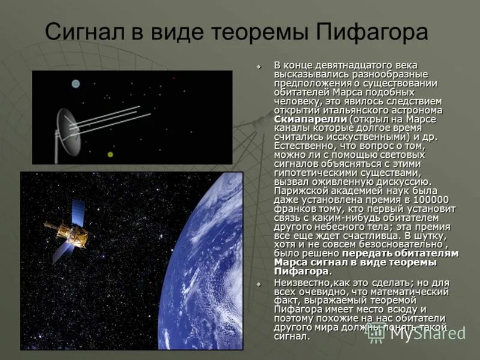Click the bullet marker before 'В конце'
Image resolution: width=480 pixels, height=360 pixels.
(259, 66)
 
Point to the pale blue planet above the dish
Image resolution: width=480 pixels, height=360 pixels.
(76, 84)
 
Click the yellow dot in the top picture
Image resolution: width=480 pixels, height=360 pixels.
(110, 154)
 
